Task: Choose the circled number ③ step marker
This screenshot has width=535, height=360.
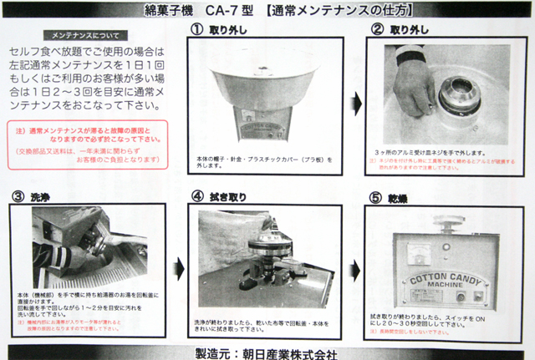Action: pos(18,197)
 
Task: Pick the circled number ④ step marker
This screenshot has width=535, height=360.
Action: pos(197,197)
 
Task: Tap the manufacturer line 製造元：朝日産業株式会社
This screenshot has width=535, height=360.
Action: pos(267,352)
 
